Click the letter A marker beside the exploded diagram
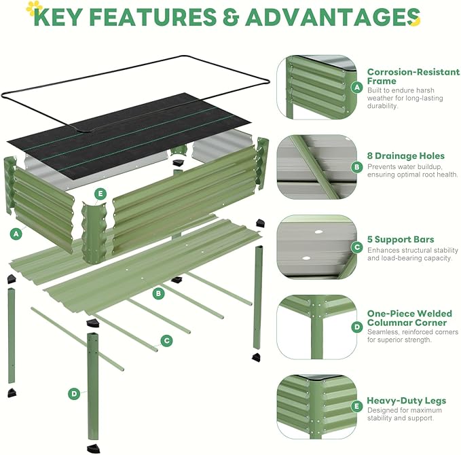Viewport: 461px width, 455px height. (15, 233)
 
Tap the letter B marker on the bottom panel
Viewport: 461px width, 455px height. (158, 293)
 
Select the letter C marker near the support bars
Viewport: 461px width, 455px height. (166, 340)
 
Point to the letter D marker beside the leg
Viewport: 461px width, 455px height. (74, 393)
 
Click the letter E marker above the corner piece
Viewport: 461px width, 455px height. (100, 194)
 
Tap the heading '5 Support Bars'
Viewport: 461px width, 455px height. (401, 240)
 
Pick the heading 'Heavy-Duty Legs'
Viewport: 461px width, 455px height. (406, 401)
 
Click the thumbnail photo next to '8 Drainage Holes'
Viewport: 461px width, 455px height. (316, 166)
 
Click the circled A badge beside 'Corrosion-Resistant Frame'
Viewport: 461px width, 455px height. (356, 87)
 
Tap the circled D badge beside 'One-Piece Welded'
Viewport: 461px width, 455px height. (356, 327)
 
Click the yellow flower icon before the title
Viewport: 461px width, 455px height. (33, 8)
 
